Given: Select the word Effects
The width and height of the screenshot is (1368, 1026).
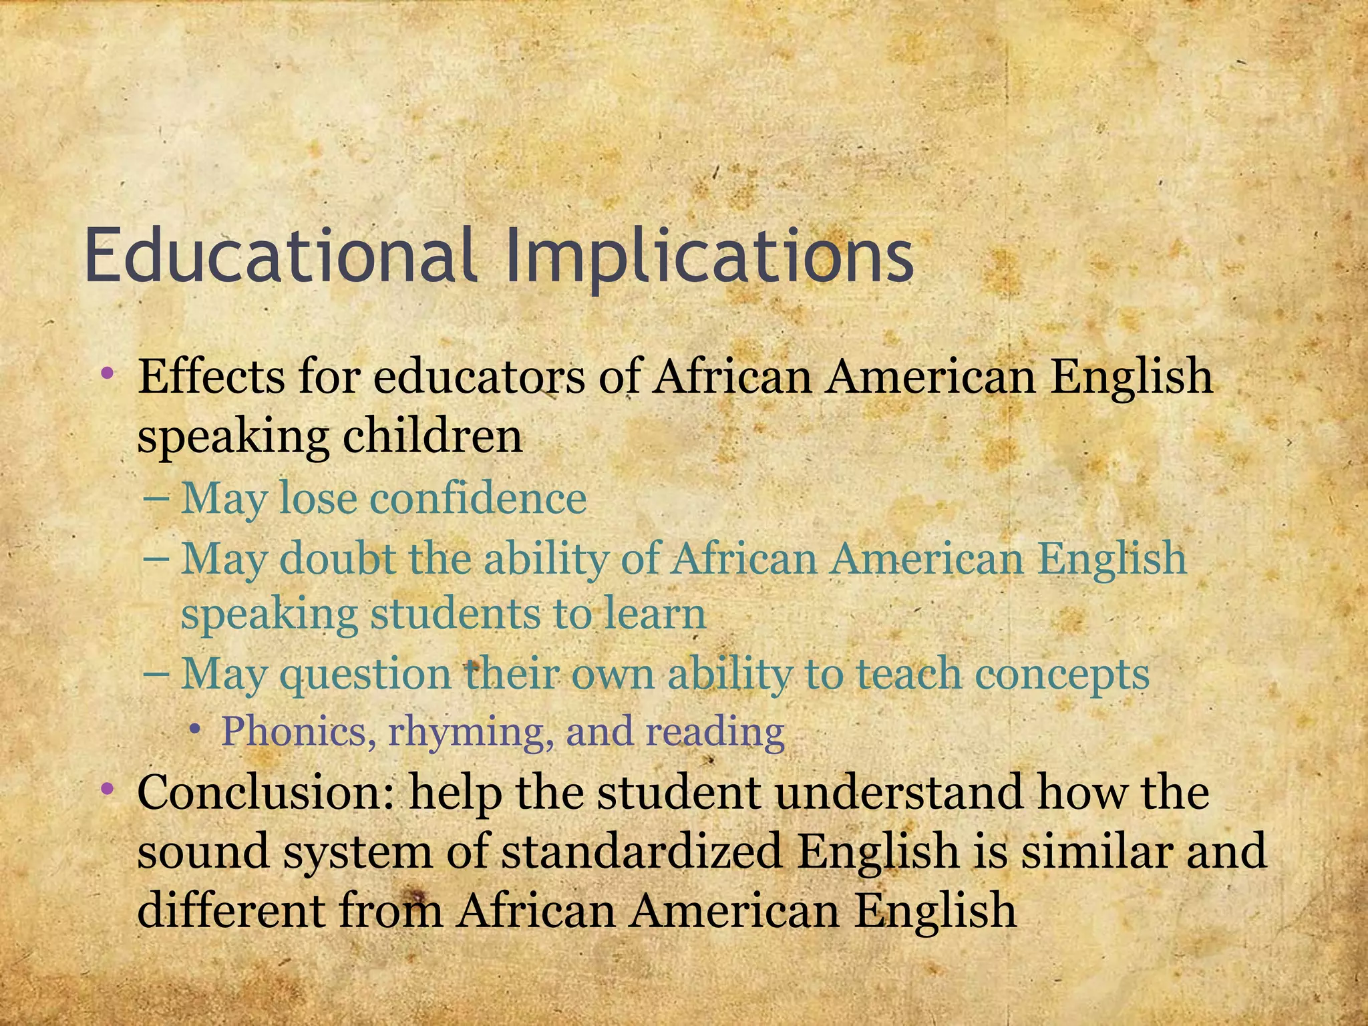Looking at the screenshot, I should (x=213, y=376).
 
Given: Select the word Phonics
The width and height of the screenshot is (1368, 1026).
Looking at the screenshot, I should (x=294, y=731).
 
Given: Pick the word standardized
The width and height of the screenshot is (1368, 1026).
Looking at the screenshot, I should (x=641, y=852).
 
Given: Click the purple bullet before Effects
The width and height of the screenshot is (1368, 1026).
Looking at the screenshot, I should (x=106, y=375).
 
